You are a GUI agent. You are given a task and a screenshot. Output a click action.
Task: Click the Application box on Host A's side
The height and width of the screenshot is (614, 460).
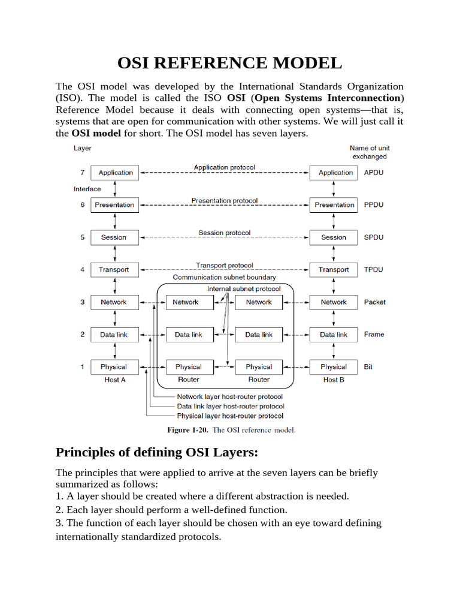115,173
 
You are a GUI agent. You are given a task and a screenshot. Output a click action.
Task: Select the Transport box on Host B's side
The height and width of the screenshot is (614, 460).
334,270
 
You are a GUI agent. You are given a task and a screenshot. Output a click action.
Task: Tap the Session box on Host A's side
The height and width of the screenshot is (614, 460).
114,237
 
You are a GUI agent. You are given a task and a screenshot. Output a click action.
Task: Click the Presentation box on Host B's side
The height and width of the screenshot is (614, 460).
334,205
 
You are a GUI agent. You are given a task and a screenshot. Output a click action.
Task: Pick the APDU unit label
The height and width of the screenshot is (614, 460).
374,173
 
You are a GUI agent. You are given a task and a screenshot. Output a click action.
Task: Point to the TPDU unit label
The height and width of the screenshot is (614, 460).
374,270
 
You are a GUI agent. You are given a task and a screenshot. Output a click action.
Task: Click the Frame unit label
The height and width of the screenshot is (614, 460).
374,335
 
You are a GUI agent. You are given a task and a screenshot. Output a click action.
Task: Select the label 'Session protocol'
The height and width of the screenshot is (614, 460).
225,233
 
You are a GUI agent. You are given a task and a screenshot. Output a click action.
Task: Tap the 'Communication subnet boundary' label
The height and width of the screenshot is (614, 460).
225,278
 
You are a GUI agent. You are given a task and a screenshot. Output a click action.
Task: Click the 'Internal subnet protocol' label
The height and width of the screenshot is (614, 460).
243,288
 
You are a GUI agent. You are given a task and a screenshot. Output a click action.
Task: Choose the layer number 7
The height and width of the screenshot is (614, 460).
82,173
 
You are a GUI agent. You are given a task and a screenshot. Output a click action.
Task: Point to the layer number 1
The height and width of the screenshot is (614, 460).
82,367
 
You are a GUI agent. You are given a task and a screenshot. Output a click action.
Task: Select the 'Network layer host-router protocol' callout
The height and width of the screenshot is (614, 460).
230,396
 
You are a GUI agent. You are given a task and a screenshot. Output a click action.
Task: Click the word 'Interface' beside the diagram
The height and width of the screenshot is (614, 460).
87,189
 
